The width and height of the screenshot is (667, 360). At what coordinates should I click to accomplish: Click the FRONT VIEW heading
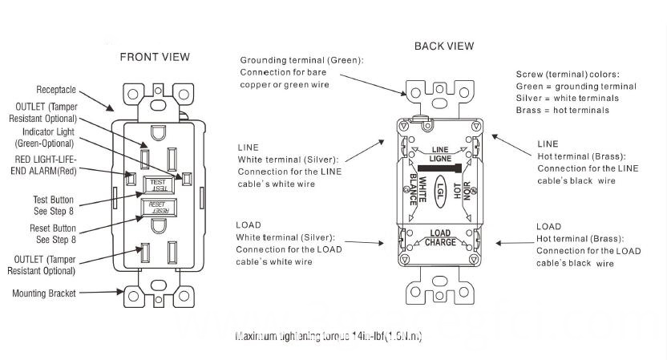point(155,57)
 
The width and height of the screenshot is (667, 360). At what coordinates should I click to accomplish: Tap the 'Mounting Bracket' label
point(44,293)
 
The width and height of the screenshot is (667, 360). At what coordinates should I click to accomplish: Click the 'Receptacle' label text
point(56,90)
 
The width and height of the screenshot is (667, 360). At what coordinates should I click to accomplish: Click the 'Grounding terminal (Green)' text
point(301,60)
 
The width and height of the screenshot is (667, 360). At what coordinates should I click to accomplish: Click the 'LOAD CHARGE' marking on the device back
point(441,238)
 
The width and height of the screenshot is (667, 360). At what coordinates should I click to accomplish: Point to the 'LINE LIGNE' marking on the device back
point(440,154)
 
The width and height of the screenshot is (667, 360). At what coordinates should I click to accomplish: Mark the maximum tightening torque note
point(329,337)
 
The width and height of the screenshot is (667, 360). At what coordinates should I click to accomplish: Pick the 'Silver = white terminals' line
point(567,98)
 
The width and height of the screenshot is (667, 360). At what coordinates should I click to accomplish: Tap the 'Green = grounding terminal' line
point(576,86)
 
